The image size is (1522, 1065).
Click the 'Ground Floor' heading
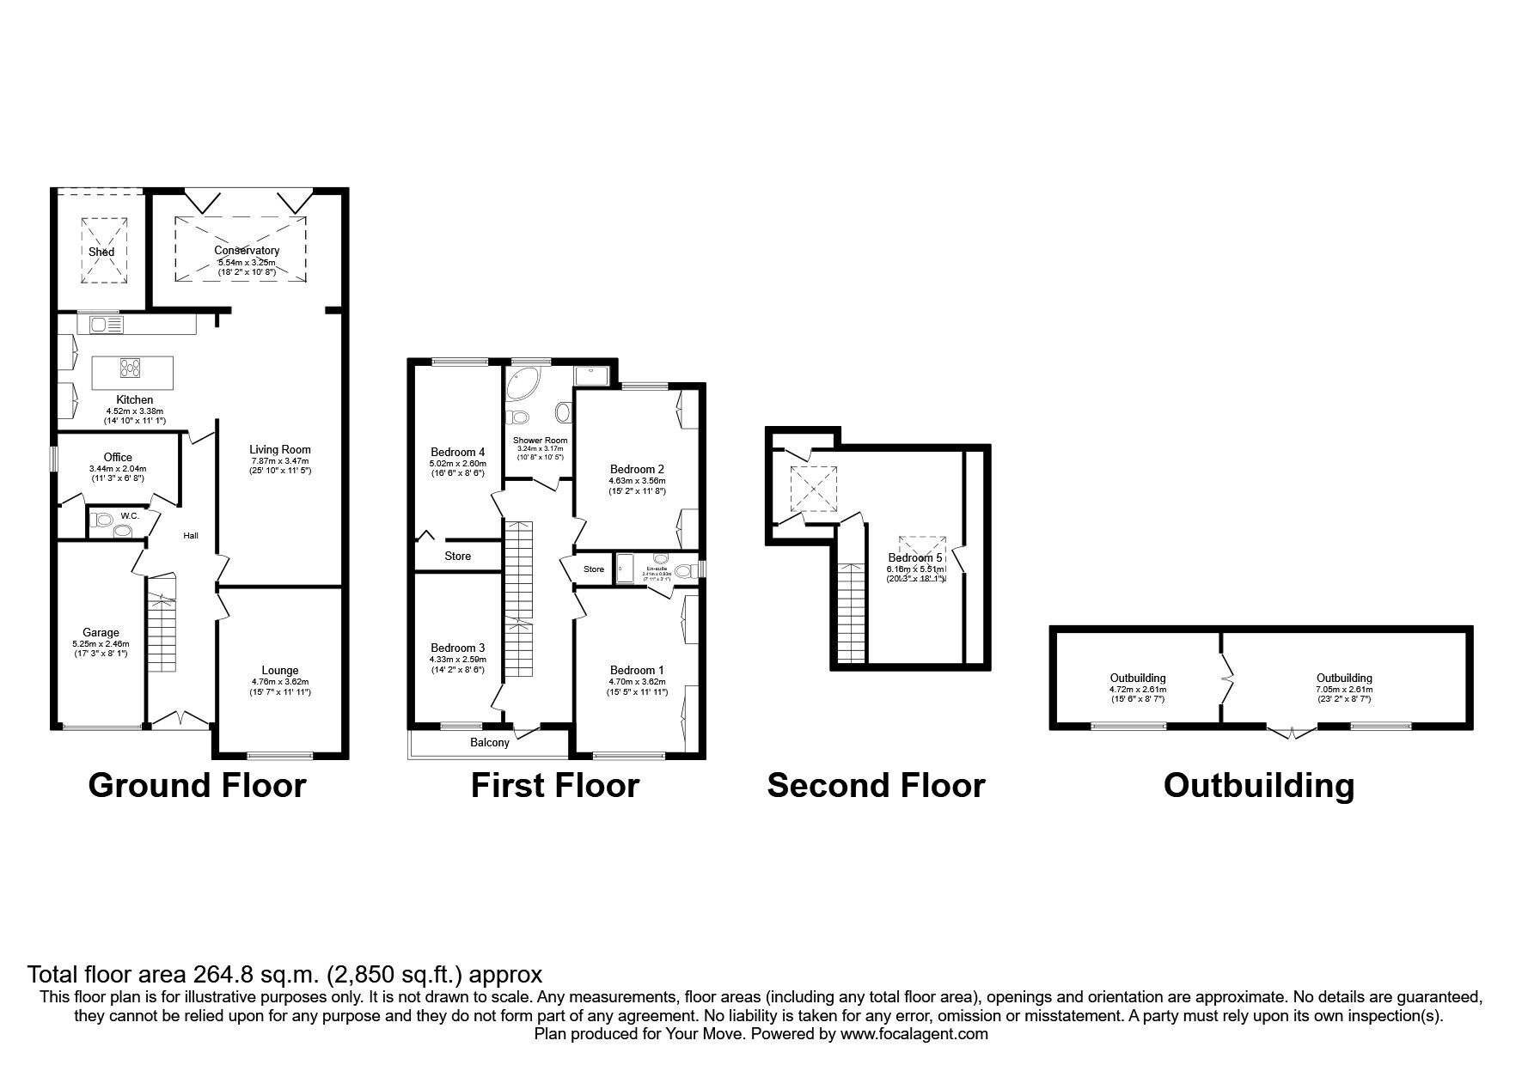point(197,785)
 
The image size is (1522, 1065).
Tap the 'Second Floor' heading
point(875,785)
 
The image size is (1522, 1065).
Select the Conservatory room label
point(248,251)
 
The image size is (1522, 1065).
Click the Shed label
point(101,252)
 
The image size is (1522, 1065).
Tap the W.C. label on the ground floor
point(130,515)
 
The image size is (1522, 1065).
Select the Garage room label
point(101,633)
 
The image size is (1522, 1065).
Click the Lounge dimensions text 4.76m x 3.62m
point(279,681)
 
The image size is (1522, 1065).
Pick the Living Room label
point(280,449)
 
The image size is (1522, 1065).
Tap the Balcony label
point(490,742)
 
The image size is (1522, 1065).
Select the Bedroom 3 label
point(458,648)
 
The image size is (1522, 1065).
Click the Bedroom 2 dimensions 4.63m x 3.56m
point(637,480)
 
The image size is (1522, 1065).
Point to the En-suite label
point(657,569)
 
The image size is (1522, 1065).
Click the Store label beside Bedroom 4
point(457,556)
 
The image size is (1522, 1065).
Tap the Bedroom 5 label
point(915,558)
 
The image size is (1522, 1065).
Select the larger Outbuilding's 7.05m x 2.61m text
point(1344,689)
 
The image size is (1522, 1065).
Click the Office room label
point(118,457)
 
